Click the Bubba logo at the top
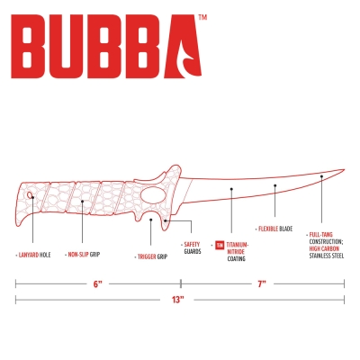click(x=106, y=47)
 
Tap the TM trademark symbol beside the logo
click(x=202, y=17)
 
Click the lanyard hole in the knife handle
click(x=30, y=195)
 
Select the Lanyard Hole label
click(x=34, y=255)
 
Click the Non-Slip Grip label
click(x=84, y=255)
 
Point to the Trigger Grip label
click(x=152, y=256)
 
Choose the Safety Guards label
click(x=193, y=248)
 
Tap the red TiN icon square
click(x=220, y=245)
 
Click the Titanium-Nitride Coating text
click(x=238, y=252)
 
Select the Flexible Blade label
click(x=275, y=229)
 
